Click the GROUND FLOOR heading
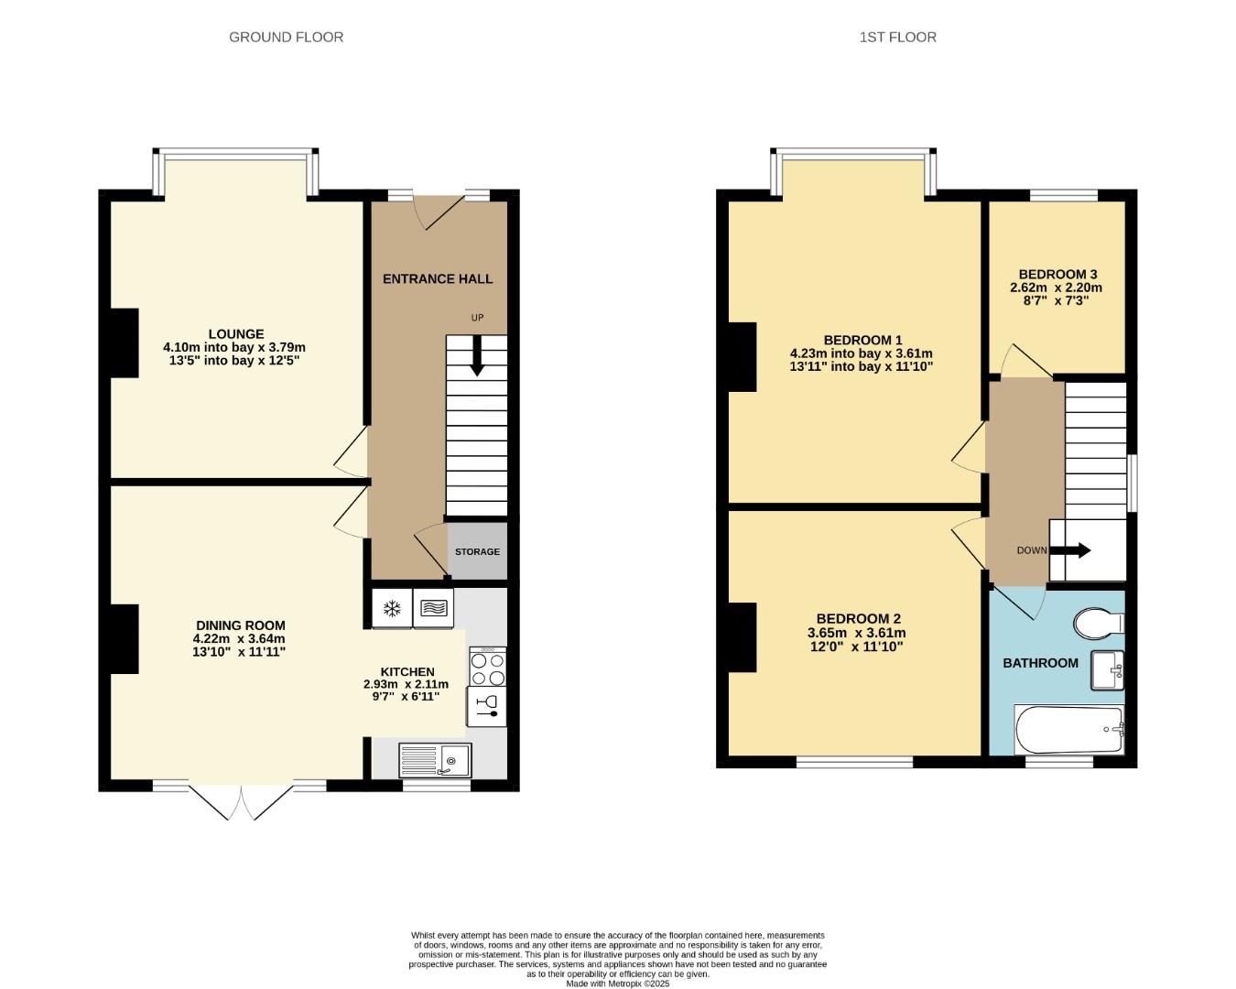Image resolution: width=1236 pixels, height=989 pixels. pos(286,38)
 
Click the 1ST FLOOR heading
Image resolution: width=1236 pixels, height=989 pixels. pos(897,38)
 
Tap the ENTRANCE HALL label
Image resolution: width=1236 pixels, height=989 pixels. pos(438,278)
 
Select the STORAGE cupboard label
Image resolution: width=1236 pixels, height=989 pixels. pos(477,551)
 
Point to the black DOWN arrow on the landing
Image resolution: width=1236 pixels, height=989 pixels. pos(1069,550)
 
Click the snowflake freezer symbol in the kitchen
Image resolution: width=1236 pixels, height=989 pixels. pos(392,608)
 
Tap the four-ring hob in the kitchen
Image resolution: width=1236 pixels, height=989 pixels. pos(486,668)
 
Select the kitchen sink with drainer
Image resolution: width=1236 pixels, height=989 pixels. pos(435,759)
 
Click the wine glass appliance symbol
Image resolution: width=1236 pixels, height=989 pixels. pos(486,706)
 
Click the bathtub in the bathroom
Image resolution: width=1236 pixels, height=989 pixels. pos(1069,730)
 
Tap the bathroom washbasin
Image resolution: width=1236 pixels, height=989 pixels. pos(1108,670)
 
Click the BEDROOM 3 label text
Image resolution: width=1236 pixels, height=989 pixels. pos(1057,274)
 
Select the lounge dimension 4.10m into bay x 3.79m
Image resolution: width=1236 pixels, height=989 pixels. pos(234,347)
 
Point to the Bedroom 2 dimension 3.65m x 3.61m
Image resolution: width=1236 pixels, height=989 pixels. pos(856,633)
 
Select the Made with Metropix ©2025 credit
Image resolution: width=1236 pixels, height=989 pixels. pos(617,984)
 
